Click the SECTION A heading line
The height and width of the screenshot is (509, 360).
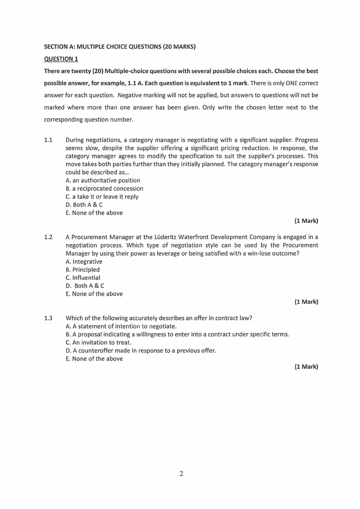[120, 46]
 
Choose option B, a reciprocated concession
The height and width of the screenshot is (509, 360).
[104, 188]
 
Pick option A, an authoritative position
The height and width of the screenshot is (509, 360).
[103, 180]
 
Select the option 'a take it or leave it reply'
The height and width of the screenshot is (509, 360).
[102, 196]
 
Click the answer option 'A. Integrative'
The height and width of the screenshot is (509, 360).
[84, 261]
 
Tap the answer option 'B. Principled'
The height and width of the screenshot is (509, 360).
[83, 269]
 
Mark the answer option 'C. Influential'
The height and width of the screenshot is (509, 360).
[83, 278]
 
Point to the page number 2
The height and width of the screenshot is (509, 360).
[181, 474]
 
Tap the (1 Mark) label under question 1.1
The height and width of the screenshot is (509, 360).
[306, 221]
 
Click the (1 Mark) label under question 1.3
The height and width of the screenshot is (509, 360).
[306, 367]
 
